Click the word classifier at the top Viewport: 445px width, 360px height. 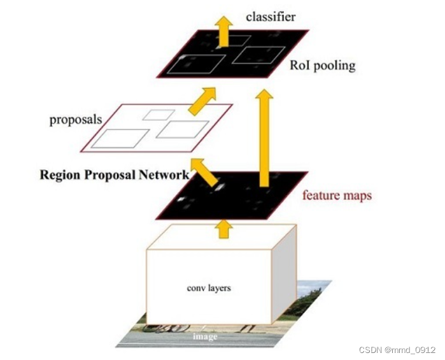tap(271, 17)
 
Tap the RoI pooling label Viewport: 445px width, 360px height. tap(322, 65)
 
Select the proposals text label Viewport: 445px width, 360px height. tap(76, 119)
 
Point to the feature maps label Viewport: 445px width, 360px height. tap(337, 196)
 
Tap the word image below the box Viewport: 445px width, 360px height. tap(206, 336)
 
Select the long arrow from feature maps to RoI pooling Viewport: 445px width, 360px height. tap(264, 137)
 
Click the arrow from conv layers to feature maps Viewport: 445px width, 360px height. tap(222, 228)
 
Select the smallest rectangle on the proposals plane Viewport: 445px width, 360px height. tap(158, 115)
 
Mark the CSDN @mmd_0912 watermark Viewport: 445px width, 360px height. tap(397, 350)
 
